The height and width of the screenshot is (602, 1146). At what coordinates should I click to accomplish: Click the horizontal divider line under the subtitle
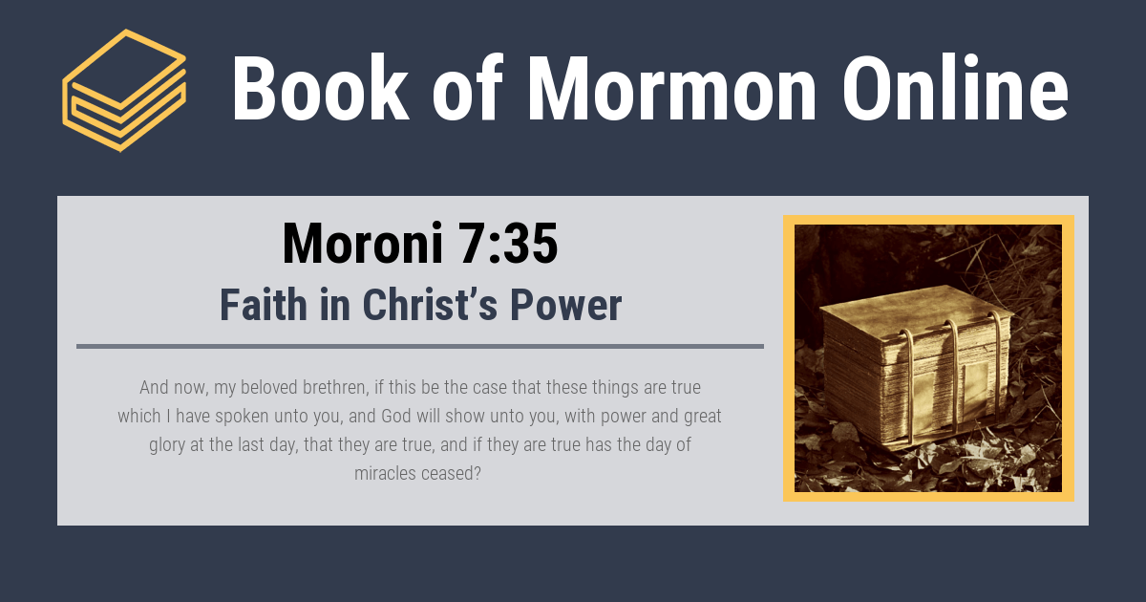[x=420, y=346]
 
